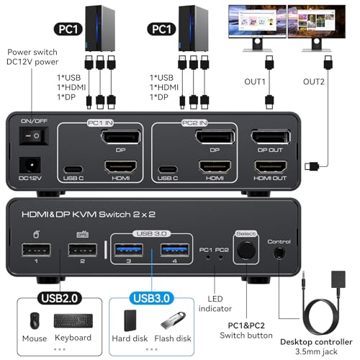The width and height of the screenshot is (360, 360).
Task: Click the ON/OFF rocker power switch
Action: tap(34, 136)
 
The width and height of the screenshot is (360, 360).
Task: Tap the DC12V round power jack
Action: tap(30, 166)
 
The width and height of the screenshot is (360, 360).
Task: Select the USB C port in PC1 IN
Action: tap(73, 169)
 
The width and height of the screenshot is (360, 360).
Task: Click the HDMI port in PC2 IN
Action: tap(215, 166)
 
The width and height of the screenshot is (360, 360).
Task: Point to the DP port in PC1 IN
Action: tap(121, 137)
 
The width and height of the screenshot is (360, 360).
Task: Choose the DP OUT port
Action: tap(271, 137)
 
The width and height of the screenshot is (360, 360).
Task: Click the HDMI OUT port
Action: tap(271, 166)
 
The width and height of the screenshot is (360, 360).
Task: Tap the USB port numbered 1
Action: tap(36, 250)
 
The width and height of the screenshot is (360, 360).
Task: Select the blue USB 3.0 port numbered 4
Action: tap(175, 250)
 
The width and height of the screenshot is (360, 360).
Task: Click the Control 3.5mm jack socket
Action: tap(279, 253)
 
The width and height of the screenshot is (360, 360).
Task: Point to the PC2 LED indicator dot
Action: tap(220, 258)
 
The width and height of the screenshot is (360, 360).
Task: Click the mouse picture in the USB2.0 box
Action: tap(35, 320)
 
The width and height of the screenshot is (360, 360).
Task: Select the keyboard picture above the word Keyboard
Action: tap(73, 321)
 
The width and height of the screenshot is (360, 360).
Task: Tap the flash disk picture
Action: tap(173, 320)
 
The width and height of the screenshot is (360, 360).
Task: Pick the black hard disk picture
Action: tap(130, 320)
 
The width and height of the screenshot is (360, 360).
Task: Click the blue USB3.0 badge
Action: tap(152, 298)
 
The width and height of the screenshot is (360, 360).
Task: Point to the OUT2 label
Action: tap(314, 82)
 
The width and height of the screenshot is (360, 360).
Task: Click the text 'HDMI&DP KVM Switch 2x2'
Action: tap(89, 215)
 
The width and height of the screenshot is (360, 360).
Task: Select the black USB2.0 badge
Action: tap(60, 298)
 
